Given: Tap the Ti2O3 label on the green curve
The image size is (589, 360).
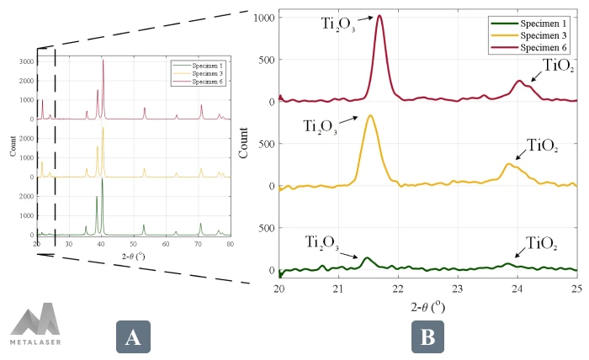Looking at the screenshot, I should coord(322,244).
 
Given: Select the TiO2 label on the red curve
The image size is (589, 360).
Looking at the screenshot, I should coord(560,65).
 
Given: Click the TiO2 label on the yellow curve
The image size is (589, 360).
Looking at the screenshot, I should coord(542,146).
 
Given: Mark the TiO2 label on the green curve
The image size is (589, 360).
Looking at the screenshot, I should coord(542,244).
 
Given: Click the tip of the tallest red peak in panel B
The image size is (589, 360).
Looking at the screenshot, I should coord(379,16).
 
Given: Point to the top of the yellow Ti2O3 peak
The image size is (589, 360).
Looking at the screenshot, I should coord(370,115).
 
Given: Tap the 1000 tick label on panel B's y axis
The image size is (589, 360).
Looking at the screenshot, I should coord(264,17).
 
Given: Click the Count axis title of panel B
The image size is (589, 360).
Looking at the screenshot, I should coord(244,143).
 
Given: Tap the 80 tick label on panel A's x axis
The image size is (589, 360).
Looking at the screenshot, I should coord(230,244).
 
